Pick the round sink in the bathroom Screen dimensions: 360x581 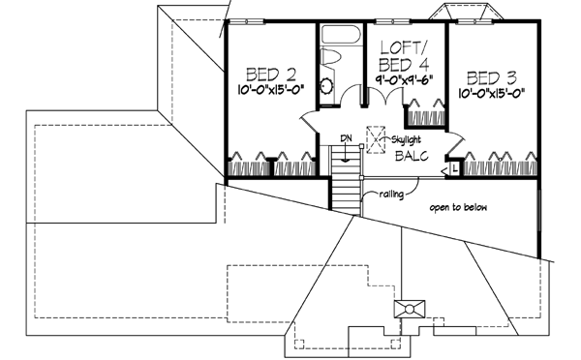[326, 90]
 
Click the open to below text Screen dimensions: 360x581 [459, 205]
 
